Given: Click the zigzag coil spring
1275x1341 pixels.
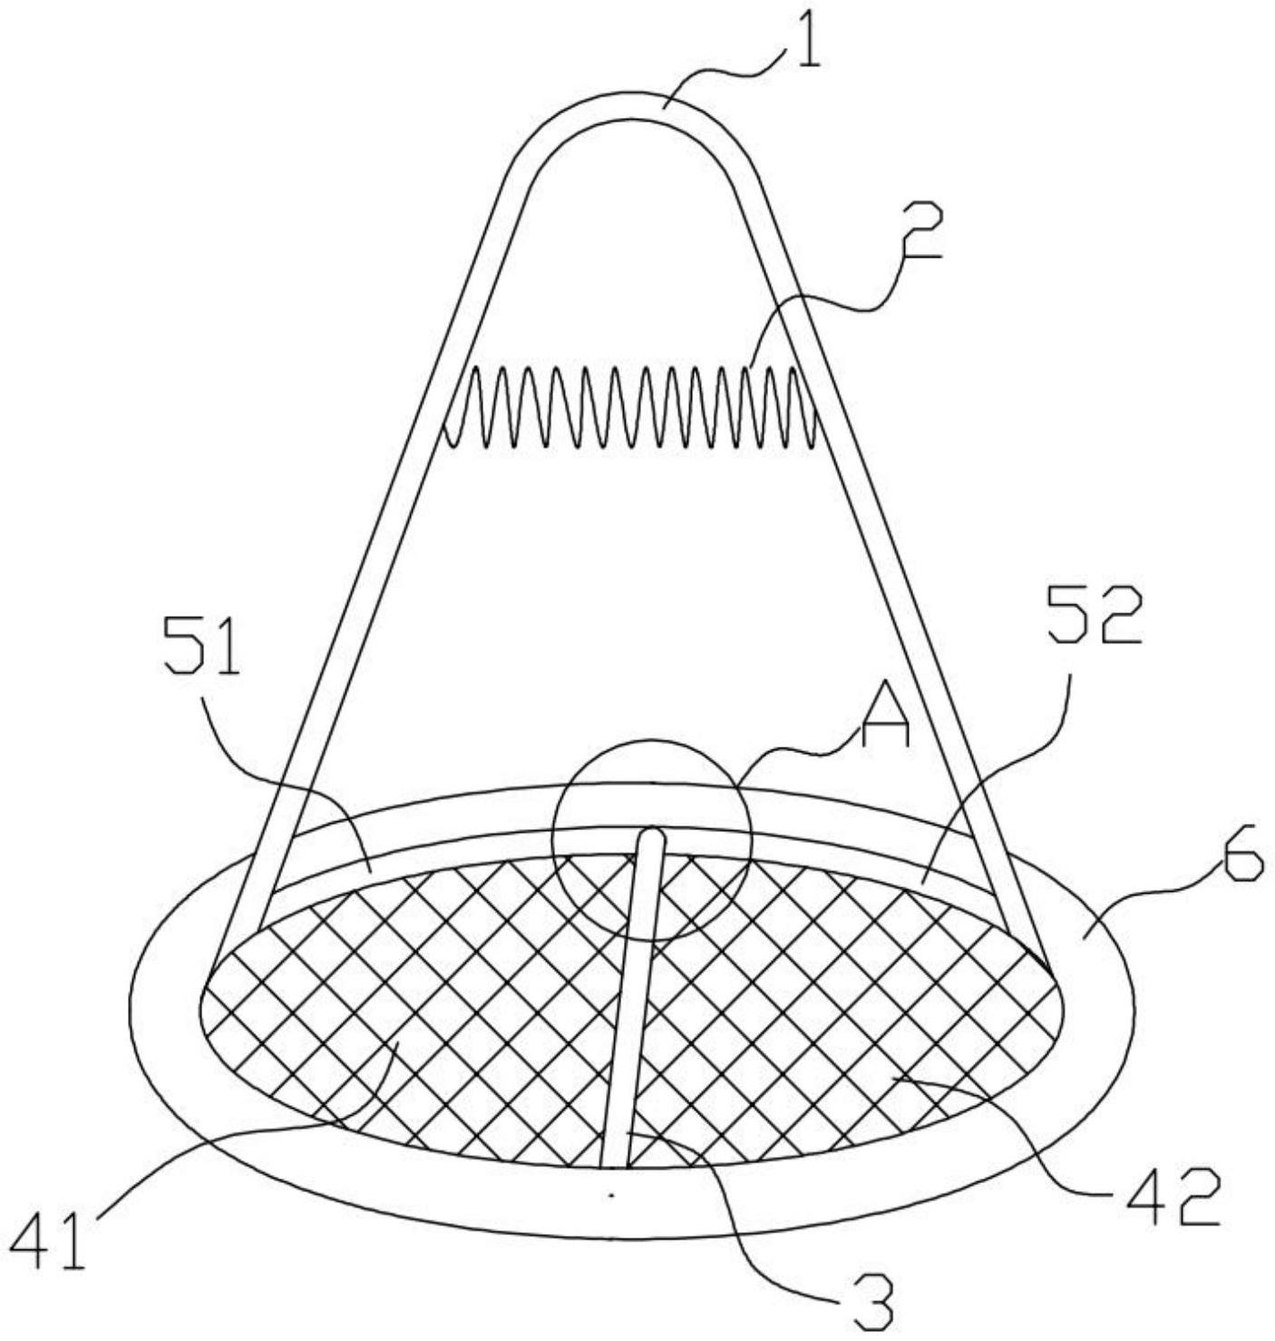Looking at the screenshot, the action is tap(629, 408).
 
